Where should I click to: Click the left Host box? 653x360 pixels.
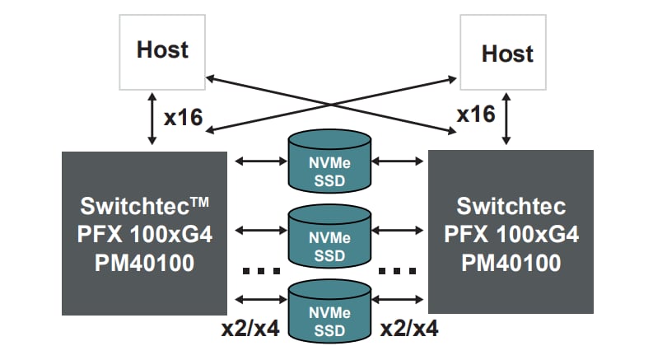(x=162, y=52)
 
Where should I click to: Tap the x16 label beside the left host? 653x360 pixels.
(x=183, y=118)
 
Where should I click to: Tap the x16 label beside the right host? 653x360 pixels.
(x=475, y=115)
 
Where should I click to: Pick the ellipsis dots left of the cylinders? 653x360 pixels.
(x=259, y=269)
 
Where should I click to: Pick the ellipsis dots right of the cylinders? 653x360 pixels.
(x=399, y=269)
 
